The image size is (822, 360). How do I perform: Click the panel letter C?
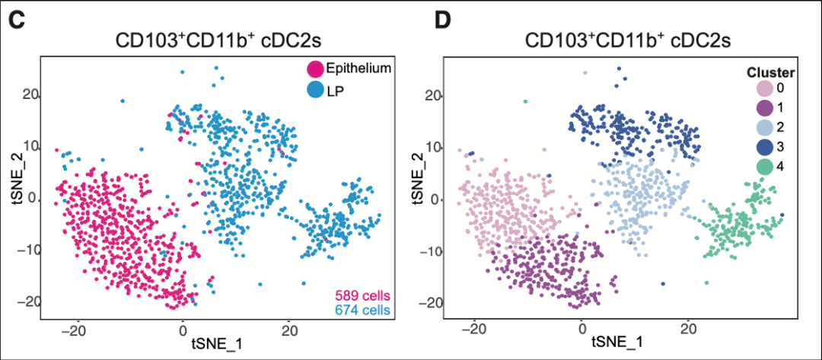pos(18,20)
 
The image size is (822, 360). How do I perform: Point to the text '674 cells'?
pos(360,311)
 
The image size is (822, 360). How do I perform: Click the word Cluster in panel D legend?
pos(770,73)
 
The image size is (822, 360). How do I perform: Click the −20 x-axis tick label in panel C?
pos(74,331)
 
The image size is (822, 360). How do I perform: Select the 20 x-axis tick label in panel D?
pos(689,331)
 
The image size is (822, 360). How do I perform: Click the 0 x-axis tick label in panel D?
pos(582,331)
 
